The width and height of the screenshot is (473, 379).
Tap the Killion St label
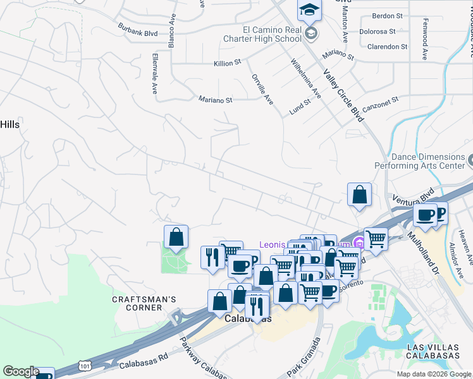click(228, 63)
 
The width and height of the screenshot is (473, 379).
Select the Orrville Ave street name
click(266, 92)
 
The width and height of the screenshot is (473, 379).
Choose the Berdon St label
click(388, 16)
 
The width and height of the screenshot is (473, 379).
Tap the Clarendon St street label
click(387, 47)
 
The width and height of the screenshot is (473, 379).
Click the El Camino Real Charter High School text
click(271, 33)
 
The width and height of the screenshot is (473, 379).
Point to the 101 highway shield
click(85, 365)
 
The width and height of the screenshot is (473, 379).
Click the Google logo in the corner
click(20, 371)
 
